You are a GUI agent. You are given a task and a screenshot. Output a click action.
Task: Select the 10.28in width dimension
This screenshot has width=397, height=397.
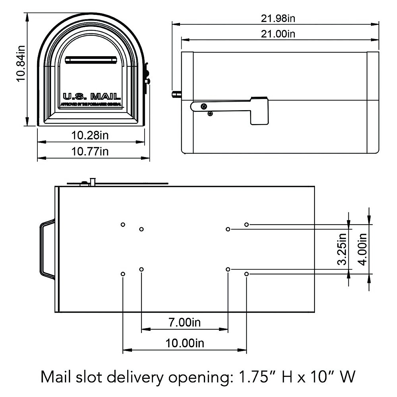pos(90,135)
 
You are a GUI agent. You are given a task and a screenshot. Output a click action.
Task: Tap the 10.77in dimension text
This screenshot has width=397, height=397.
pos(90,152)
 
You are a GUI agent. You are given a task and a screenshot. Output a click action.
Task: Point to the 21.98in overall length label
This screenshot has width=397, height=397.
pos(278,18)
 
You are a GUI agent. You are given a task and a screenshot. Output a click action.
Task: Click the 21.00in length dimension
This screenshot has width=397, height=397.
pos(278,34)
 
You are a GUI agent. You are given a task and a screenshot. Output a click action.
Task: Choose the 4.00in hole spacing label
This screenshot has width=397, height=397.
pos(363,249)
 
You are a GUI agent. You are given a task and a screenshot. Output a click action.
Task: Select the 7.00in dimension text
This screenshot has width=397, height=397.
pos(185,322)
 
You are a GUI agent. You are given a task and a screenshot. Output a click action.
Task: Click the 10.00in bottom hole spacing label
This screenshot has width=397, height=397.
pos(185,343)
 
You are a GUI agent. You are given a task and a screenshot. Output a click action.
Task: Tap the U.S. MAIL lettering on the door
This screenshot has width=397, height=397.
pos(92,97)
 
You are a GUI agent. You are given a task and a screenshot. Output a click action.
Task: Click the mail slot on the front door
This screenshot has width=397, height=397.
pos(91,60)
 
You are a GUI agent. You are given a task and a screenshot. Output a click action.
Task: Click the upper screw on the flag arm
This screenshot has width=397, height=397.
pos(204,106)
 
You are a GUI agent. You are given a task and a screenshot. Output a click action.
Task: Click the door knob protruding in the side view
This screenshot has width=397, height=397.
pos(176,94)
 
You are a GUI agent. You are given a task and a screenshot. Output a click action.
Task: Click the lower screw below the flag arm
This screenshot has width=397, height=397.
pos(210,114)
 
